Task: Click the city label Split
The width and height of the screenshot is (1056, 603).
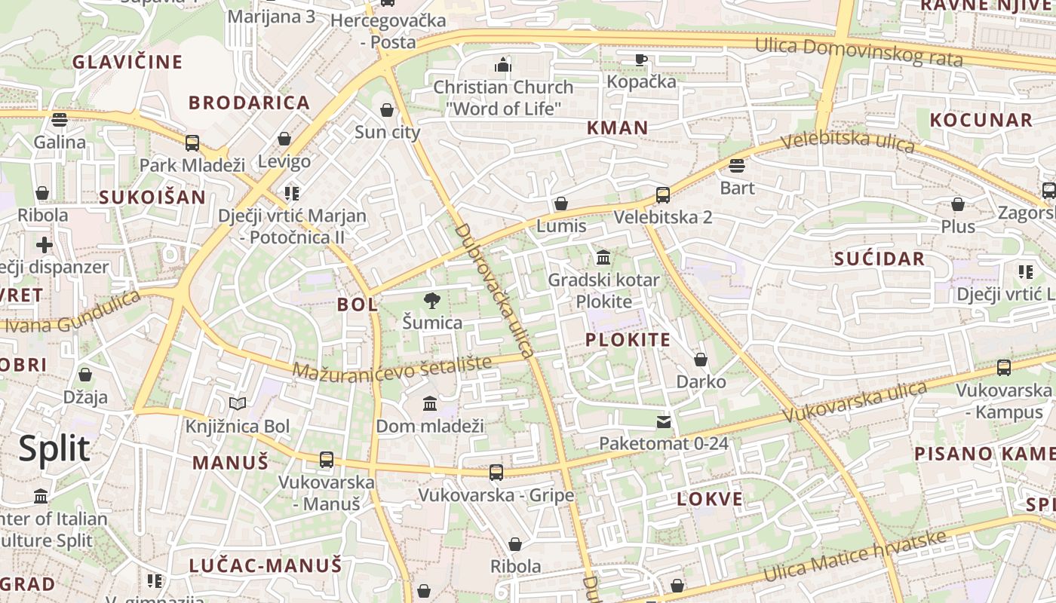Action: click(54, 448)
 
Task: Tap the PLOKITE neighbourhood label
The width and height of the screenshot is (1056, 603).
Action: click(628, 339)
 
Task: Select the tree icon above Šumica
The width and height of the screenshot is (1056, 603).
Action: click(432, 301)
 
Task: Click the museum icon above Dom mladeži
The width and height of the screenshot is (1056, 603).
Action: click(430, 404)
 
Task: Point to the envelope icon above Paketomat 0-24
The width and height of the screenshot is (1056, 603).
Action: click(664, 421)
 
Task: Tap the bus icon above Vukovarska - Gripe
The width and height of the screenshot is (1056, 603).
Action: click(496, 473)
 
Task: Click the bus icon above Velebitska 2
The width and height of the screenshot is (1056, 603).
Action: click(663, 195)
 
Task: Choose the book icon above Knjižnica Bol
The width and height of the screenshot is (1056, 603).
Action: click(238, 404)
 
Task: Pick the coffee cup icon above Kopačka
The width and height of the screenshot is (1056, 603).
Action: click(641, 60)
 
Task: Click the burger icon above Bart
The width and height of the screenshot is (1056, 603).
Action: click(737, 166)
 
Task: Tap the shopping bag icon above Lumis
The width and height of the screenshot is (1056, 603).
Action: click(561, 204)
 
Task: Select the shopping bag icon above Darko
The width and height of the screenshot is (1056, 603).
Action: click(701, 360)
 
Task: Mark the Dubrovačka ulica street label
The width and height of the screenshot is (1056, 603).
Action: click(495, 290)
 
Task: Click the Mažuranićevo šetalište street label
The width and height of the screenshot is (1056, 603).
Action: click(391, 367)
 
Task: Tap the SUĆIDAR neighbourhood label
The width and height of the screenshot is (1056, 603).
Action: click(879, 259)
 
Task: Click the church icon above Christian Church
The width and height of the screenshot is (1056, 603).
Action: click(503, 65)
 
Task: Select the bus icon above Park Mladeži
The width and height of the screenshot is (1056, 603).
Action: click(192, 142)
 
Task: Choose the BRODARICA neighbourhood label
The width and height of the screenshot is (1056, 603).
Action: click(249, 103)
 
